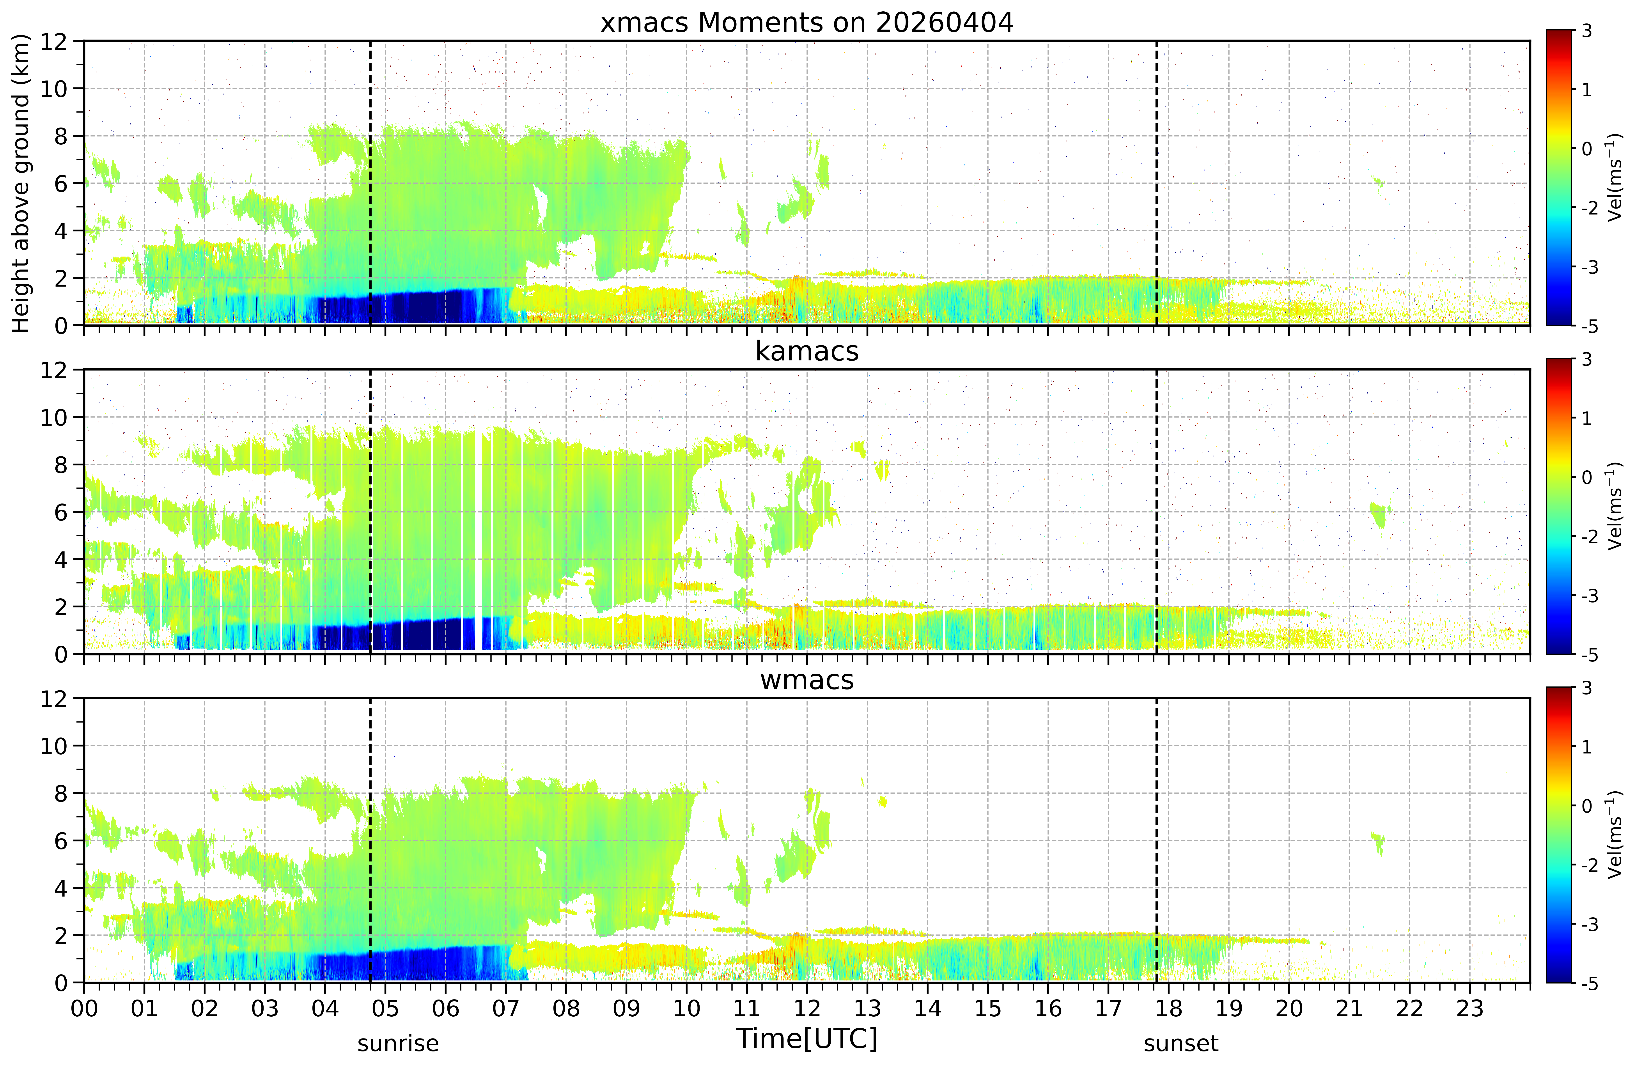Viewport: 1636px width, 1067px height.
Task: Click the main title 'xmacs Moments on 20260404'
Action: click(807, 23)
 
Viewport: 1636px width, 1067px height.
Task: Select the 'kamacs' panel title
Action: click(807, 351)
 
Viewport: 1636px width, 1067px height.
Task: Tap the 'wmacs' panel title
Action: click(807, 680)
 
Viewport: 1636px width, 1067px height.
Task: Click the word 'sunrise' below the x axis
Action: click(398, 1044)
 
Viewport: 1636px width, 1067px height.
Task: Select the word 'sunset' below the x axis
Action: click(1181, 1044)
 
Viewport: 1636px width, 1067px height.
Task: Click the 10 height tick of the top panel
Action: click(54, 89)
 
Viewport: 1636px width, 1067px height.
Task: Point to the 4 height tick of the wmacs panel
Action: click(61, 888)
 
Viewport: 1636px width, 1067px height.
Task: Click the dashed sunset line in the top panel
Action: click(1156, 183)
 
